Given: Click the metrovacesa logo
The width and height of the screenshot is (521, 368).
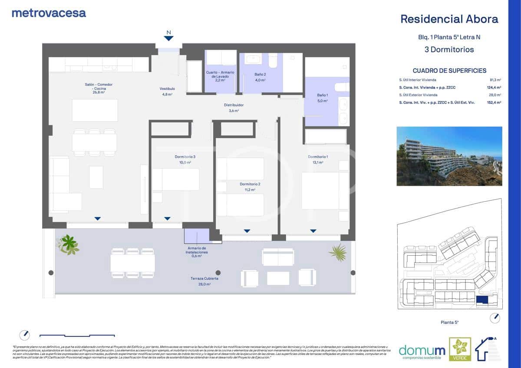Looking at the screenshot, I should [x=49, y=13].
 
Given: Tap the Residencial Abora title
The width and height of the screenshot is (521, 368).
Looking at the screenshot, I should [x=449, y=19].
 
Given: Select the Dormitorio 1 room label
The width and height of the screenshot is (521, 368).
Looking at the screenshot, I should [x=318, y=157].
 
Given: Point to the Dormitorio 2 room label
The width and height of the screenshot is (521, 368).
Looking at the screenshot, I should [x=250, y=184].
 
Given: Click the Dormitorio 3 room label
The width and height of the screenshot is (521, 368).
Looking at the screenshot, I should [x=182, y=157].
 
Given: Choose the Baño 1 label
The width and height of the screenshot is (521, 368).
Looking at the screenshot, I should [x=322, y=95].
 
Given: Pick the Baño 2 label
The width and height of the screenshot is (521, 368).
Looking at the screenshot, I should [x=260, y=75].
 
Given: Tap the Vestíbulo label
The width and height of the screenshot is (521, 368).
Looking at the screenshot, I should [x=167, y=89].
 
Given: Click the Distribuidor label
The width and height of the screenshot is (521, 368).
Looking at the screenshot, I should [x=234, y=105].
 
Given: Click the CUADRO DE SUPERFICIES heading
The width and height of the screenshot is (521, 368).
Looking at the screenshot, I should [x=449, y=71].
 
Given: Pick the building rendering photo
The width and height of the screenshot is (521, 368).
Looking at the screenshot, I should [x=449, y=156].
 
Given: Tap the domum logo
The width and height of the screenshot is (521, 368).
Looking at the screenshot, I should [x=415, y=350].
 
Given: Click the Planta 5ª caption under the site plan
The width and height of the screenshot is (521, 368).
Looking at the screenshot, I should [x=449, y=322].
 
